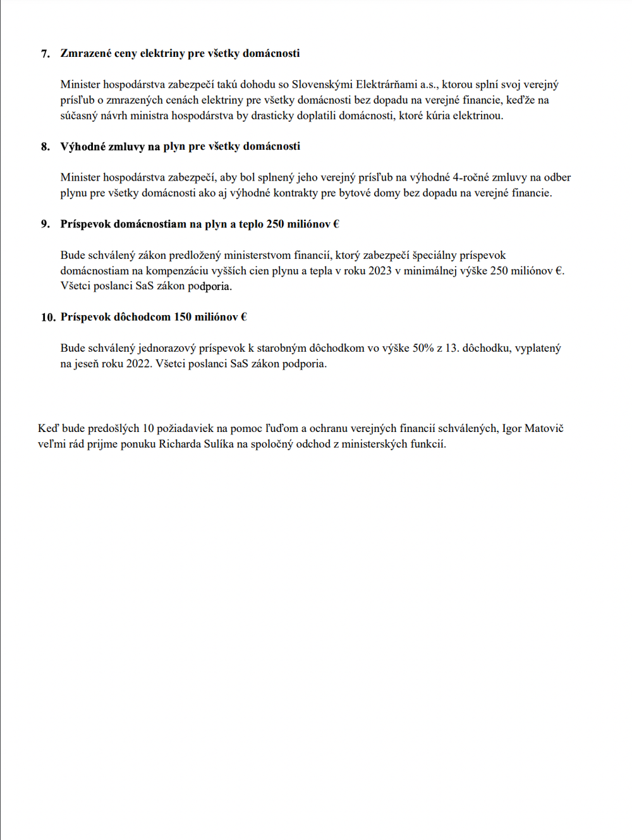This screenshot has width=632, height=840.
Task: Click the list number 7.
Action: [x=45, y=54]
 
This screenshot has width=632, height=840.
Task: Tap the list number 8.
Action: [x=45, y=147]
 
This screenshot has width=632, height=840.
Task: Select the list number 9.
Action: [x=45, y=224]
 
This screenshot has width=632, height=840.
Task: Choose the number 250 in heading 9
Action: [x=276, y=224]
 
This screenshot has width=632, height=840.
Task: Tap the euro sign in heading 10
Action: [x=244, y=317]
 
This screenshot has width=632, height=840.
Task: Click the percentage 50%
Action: [x=423, y=348]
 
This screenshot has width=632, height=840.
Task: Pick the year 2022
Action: [x=139, y=364]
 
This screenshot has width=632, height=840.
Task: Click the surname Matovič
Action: [x=544, y=428]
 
